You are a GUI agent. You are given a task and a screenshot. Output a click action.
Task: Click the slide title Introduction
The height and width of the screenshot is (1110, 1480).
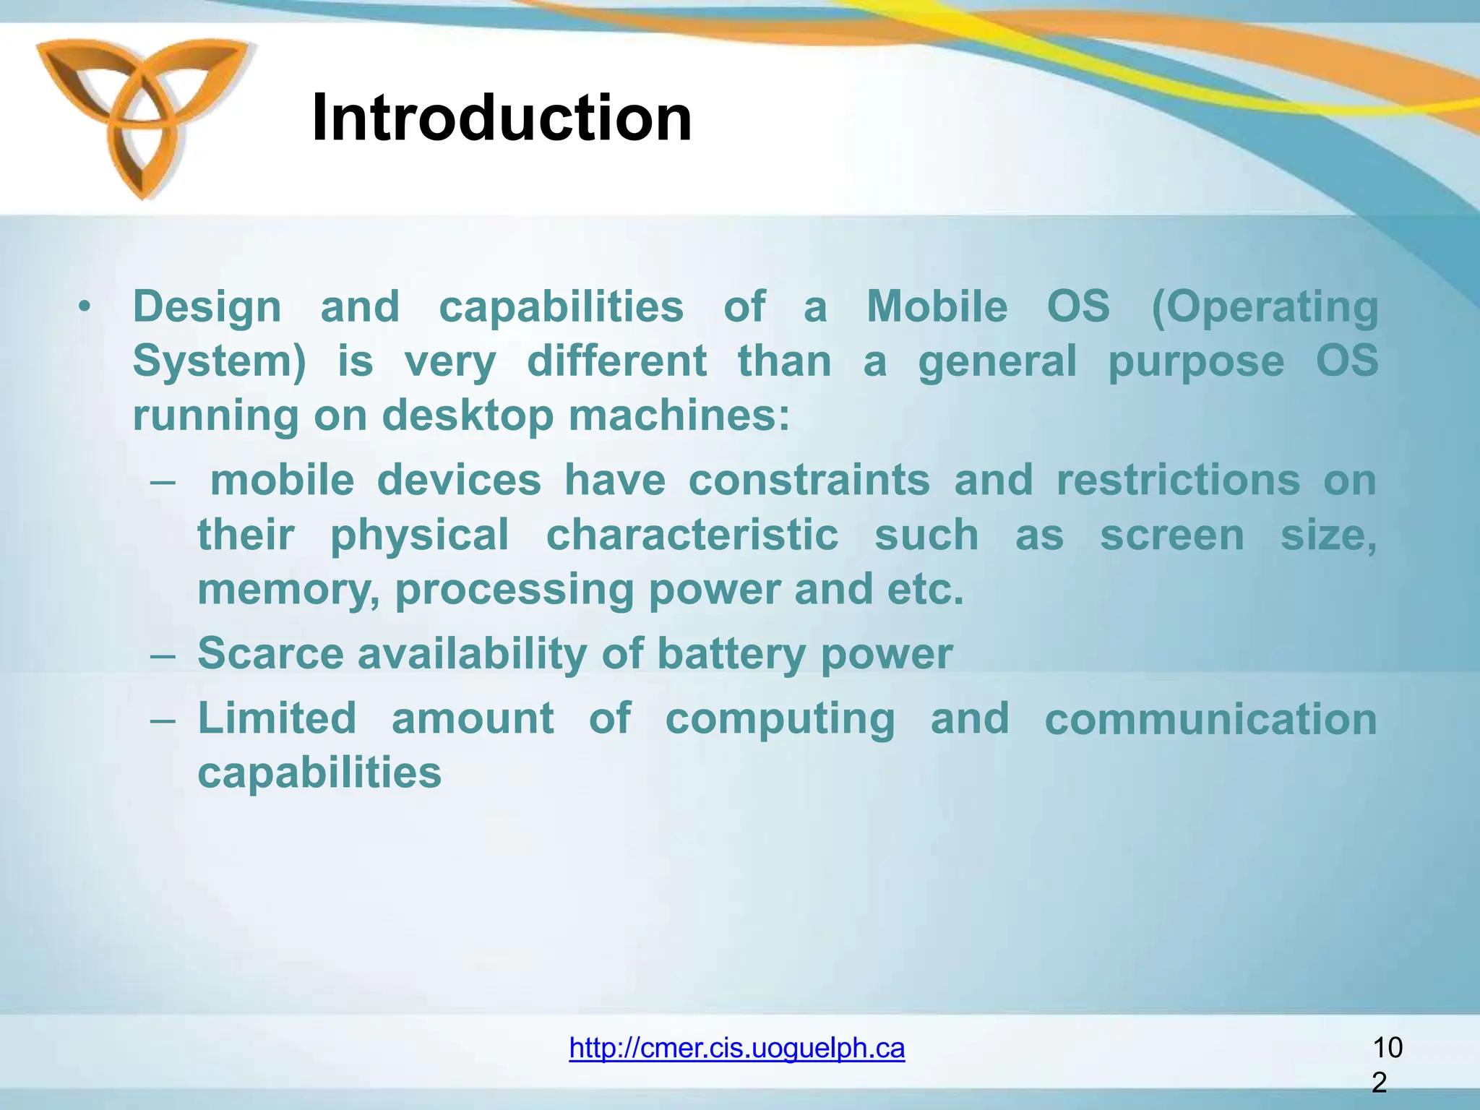point(502,118)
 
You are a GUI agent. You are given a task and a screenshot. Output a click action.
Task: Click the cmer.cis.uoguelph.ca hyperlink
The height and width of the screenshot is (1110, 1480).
point(736,1047)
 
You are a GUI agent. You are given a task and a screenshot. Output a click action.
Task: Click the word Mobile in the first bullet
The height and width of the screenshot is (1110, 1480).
point(937,306)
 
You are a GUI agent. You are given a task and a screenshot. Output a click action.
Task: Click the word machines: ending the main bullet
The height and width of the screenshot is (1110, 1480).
point(679,416)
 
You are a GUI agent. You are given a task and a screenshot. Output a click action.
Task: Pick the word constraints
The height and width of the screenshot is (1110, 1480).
point(809,480)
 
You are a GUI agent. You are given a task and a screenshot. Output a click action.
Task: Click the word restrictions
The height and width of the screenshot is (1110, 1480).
point(1178,480)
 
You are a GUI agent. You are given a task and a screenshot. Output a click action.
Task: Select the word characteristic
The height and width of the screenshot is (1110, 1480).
point(692,535)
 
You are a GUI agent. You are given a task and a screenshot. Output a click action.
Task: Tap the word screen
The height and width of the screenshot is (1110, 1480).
point(1171,535)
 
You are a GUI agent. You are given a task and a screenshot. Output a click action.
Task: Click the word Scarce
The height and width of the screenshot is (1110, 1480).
point(270,653)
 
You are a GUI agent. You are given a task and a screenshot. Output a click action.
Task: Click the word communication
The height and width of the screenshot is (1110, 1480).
point(1210,720)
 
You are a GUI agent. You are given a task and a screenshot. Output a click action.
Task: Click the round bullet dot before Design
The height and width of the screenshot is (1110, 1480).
point(85,309)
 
